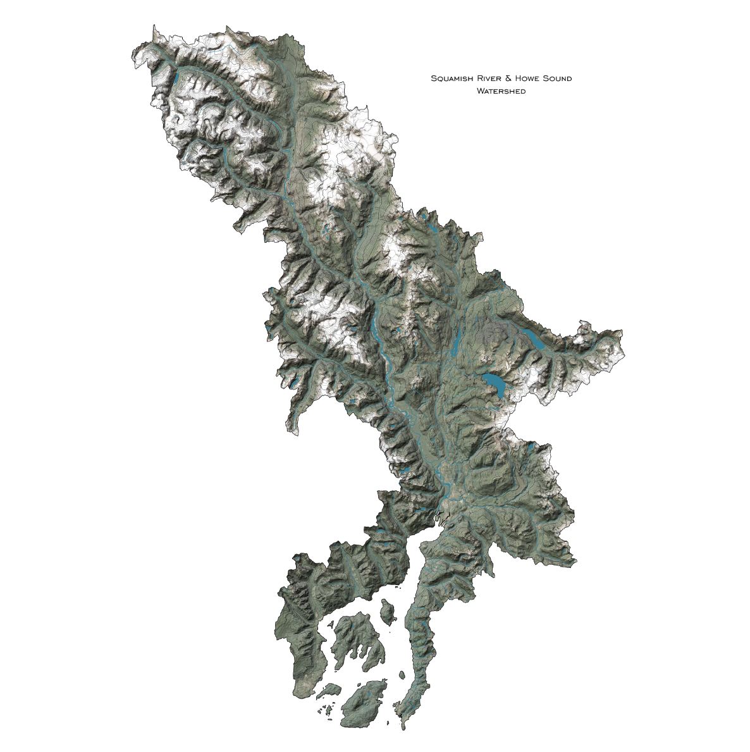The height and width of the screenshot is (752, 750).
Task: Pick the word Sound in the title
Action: tap(556, 78)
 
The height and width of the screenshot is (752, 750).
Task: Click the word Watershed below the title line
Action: tap(501, 91)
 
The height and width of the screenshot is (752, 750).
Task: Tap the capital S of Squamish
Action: tap(433, 78)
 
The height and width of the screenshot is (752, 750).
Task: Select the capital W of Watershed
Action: tap(481, 91)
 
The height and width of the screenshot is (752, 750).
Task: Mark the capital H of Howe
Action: tap(519, 78)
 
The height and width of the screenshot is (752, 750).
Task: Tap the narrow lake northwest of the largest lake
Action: tap(455, 342)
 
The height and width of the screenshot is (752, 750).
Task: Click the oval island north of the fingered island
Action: tap(387, 611)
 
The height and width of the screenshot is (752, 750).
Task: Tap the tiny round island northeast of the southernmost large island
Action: tap(400, 675)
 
